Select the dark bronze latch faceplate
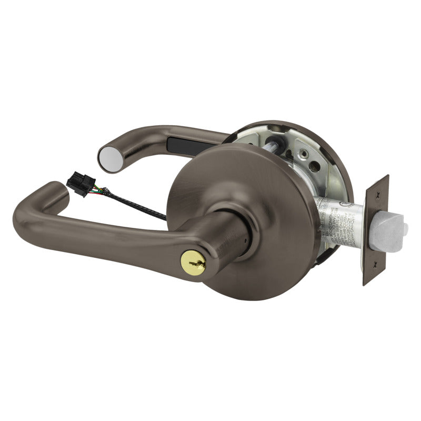[x=376, y=230]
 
